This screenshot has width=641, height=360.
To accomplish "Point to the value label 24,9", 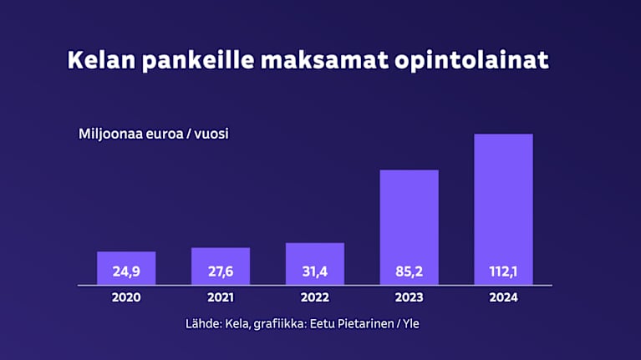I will pos(126,271).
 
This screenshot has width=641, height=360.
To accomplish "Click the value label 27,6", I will pos(221,271).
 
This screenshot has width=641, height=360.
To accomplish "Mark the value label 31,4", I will pos(315,271).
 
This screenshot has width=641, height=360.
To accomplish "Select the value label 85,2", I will pos(410,271).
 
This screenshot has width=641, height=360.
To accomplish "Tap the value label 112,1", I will pos(503,271).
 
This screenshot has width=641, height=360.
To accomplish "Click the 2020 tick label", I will pos(126,298).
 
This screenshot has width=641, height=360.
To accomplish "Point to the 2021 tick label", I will pos(221,298).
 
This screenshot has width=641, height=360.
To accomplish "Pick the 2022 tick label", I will pos(315,298).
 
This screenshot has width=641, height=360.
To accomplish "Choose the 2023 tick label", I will pos(410,298).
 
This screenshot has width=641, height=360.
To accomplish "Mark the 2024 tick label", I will pos(503,298).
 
